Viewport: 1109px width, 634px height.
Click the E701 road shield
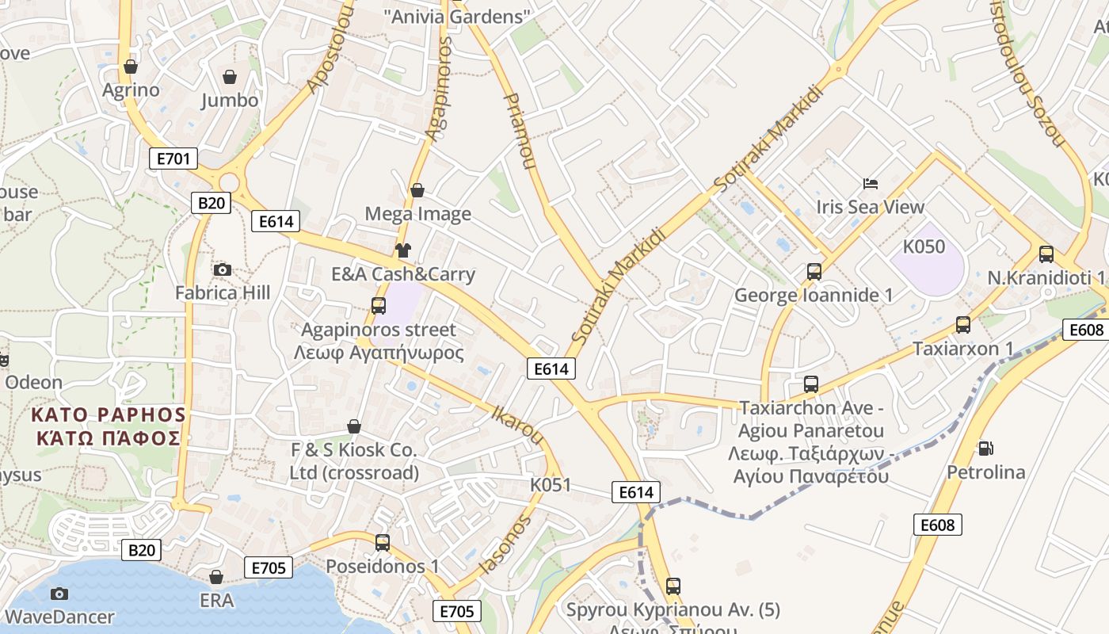173,158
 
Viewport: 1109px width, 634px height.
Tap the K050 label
925,246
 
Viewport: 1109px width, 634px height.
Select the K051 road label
551,484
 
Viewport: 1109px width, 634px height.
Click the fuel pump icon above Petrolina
985,449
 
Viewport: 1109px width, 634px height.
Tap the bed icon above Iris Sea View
871,184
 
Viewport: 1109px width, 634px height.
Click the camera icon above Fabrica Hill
223,269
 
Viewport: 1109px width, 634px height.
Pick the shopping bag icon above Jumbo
230,77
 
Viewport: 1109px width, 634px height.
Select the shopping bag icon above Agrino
131,66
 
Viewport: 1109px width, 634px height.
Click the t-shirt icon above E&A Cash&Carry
403,251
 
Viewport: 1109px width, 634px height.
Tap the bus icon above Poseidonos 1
383,543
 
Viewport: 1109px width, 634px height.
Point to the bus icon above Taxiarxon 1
963,324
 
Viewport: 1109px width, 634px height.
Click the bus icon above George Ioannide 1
814,272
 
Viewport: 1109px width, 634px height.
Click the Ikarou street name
518,425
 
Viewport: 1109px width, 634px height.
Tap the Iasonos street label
505,545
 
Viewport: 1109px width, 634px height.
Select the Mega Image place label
417,214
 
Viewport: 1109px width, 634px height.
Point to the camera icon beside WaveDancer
59,594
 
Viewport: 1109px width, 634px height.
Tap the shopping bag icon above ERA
216,577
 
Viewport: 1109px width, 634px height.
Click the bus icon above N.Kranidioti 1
1046,254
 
